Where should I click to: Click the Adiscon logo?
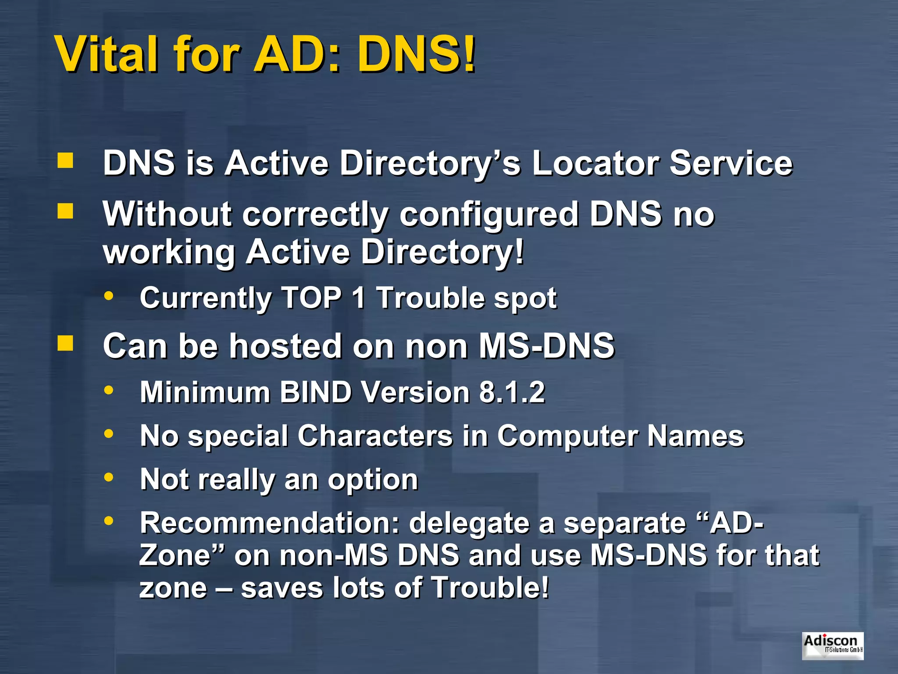point(833,645)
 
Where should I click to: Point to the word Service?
point(731,163)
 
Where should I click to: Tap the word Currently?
point(205,298)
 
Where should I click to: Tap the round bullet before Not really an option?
point(109,477)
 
